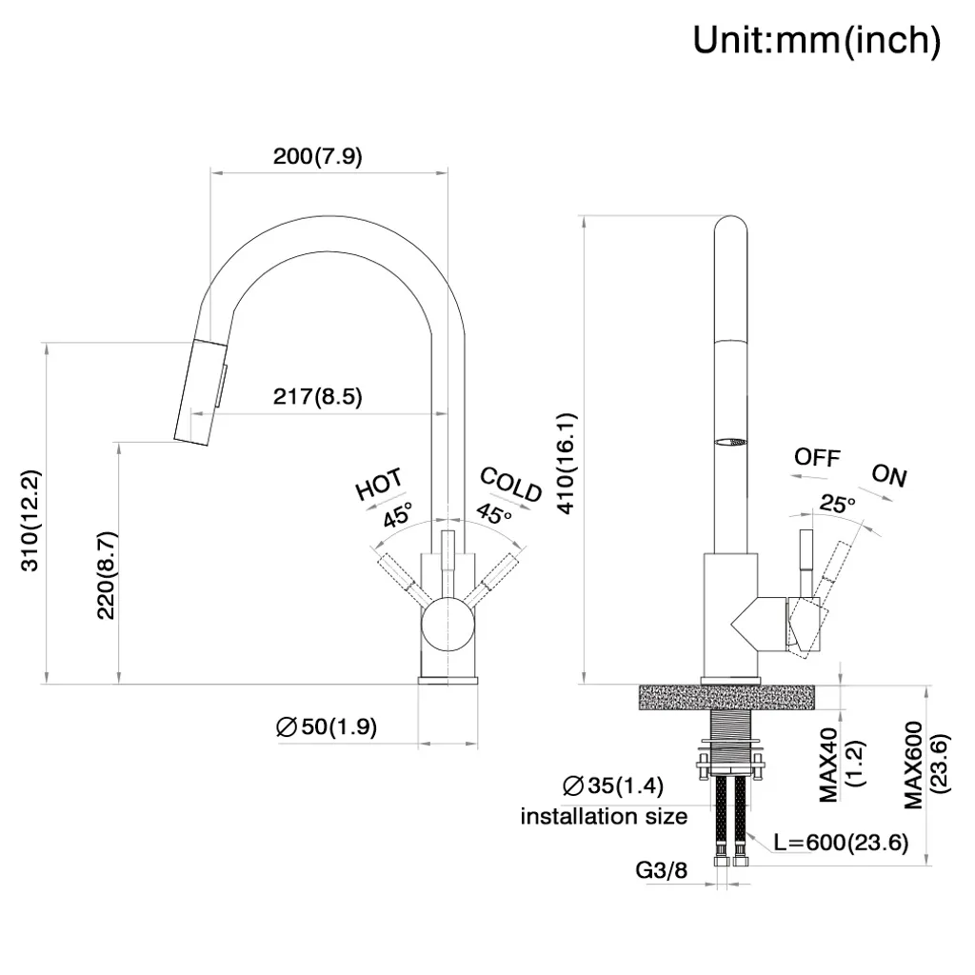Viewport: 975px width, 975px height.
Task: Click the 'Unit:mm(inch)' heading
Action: (x=816, y=41)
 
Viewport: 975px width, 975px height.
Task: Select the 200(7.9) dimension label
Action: (x=317, y=157)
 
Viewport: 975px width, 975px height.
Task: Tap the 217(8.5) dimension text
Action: (x=317, y=397)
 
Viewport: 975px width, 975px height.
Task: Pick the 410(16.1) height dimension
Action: (x=567, y=464)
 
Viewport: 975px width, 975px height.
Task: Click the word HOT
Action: (x=379, y=485)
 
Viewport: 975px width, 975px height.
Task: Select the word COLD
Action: (x=510, y=484)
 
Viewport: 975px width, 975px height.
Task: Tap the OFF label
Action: (x=817, y=457)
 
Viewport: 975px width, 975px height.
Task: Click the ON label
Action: (x=889, y=476)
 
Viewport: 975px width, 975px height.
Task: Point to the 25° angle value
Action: (x=838, y=504)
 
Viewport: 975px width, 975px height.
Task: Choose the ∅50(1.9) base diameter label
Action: (x=327, y=727)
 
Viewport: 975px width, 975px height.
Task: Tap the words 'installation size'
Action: (x=604, y=816)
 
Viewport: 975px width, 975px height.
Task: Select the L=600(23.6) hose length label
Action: (x=840, y=842)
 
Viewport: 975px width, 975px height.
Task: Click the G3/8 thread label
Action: (x=662, y=869)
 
